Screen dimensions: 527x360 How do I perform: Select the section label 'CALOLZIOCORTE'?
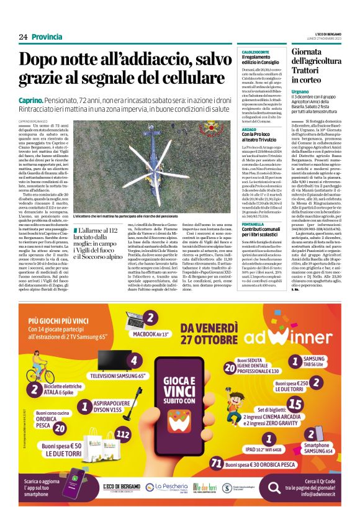[255, 51]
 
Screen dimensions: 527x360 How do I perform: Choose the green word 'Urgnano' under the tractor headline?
[301, 92]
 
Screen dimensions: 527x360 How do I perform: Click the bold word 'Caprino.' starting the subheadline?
[30, 100]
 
